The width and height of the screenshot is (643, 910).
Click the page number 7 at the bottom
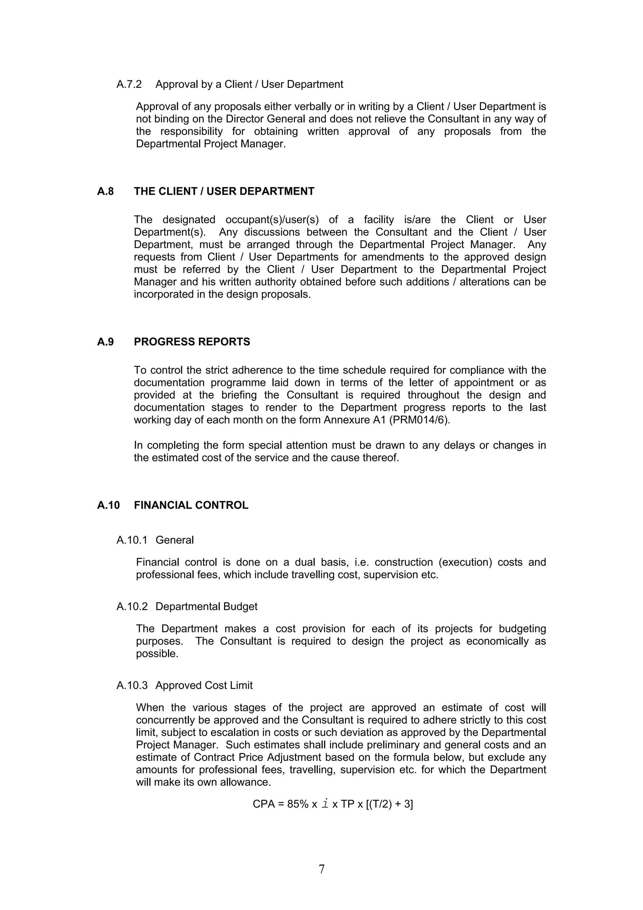(321, 869)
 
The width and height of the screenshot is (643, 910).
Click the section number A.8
(105, 192)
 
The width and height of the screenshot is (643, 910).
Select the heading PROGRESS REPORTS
(192, 342)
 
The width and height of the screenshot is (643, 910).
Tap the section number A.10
(108, 505)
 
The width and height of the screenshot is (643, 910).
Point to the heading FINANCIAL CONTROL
(191, 505)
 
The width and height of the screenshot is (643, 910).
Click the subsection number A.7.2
(129, 84)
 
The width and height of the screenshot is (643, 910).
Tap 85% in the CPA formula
(298, 804)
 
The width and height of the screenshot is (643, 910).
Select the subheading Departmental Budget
(206, 606)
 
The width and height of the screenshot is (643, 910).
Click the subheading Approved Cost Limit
(204, 685)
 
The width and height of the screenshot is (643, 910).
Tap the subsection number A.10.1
(132, 540)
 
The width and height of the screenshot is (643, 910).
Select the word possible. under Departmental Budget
(157, 653)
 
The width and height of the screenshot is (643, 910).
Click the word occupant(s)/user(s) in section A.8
(272, 219)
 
